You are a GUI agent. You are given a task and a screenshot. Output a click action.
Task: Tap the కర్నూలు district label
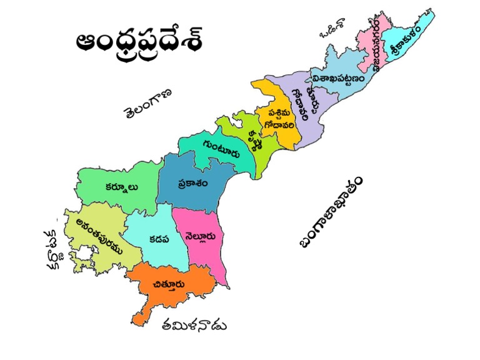pos(121,186)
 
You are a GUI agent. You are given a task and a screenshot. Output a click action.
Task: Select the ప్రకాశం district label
pos(191,184)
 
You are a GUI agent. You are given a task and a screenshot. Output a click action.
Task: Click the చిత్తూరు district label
pos(168,285)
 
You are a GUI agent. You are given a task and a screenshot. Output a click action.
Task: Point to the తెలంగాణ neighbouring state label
pos(147,102)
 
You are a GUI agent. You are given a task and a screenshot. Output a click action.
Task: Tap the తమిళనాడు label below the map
pos(193,325)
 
